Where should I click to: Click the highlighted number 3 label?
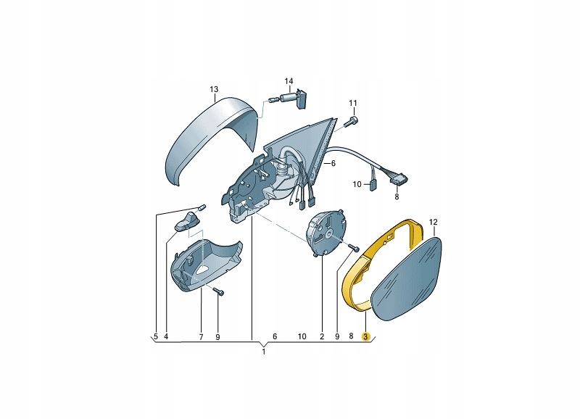tap(365, 336)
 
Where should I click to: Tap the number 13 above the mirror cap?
tap(214, 89)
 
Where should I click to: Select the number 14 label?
tap(289, 81)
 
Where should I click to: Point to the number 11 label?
tap(353, 103)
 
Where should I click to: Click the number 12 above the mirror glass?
tap(433, 222)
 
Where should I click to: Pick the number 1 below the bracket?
tap(264, 352)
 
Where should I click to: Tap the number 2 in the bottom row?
tap(322, 336)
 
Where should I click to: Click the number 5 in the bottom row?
tap(156, 336)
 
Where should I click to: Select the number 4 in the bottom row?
tap(166, 336)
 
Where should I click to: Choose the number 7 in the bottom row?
tap(202, 337)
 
